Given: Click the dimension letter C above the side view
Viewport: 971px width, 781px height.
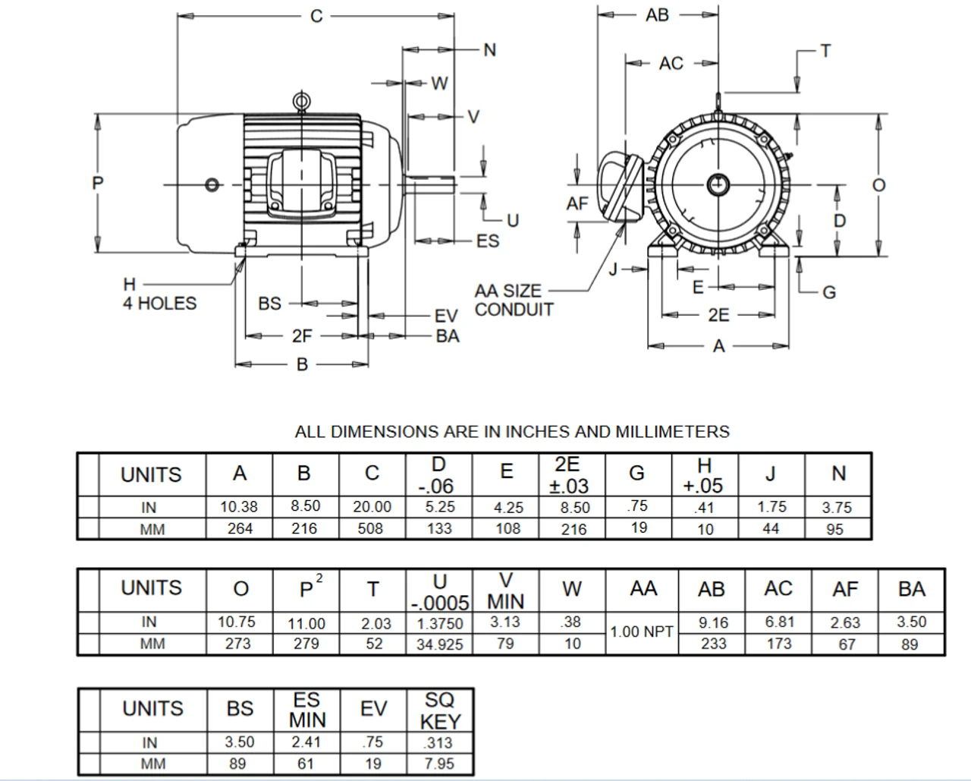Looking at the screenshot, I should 317,16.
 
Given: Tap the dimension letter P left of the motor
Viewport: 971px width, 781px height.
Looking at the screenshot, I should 97,184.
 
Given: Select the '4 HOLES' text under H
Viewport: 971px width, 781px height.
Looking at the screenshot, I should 159,304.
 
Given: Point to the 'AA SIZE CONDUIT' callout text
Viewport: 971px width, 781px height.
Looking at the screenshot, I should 513,301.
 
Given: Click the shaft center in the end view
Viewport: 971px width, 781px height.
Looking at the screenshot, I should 718,184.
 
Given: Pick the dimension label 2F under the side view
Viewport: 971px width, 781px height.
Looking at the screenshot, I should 302,335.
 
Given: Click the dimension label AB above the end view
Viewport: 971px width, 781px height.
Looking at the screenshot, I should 657,14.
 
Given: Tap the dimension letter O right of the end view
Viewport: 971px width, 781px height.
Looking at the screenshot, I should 878,185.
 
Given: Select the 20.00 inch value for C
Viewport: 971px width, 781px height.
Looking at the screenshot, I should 372,507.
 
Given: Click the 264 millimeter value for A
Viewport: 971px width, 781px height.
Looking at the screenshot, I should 240,529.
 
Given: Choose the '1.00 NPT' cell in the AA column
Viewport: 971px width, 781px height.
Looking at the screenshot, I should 642,631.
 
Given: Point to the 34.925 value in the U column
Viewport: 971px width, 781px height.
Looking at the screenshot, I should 439,644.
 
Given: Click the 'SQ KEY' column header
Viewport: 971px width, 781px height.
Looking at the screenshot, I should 439,710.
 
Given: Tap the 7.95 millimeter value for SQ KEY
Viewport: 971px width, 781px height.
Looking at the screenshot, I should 439,764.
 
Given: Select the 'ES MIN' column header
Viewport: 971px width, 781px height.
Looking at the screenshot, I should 307,710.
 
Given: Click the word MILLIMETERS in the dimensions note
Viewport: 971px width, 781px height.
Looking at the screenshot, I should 671,432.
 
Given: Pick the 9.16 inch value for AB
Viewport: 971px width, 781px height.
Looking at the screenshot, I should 712,622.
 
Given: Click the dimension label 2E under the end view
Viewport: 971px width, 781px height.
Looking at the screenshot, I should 718,315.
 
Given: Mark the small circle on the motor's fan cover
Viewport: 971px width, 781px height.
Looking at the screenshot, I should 213,184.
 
